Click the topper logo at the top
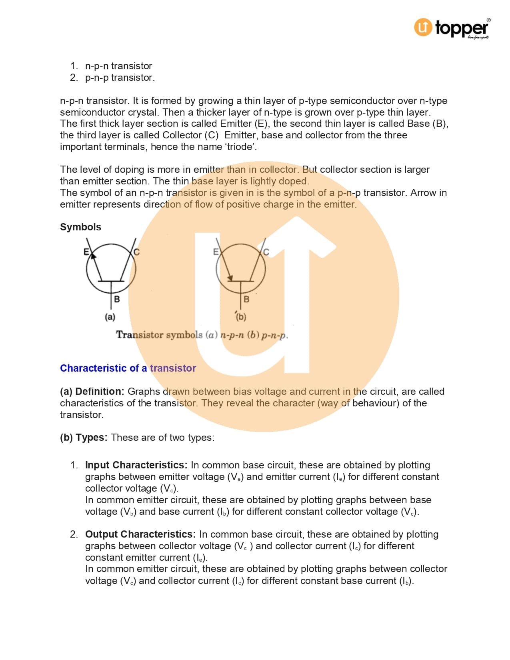451,28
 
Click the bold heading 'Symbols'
80,227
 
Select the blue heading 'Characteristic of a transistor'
128,368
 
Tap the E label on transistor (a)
86,252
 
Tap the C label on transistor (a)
137,252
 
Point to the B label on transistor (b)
246,299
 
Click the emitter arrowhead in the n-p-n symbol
93,256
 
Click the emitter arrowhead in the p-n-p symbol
230,278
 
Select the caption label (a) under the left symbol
110,317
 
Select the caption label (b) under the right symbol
241,317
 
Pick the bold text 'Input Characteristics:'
136,465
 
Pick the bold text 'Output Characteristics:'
140,534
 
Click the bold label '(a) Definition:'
92,392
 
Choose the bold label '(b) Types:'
84,438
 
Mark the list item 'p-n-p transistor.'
120,78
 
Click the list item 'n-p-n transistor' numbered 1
118,66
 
